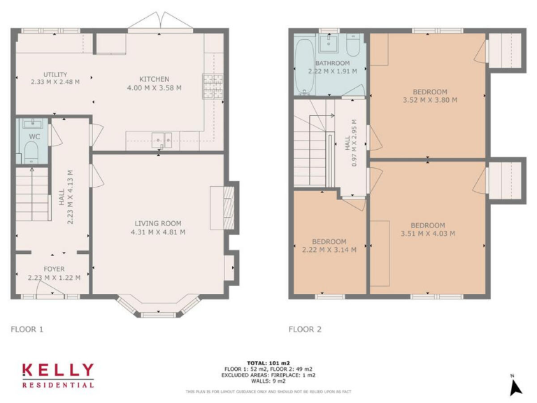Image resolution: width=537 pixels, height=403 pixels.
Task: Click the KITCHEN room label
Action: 154,79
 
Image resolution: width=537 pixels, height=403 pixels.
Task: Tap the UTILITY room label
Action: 55,74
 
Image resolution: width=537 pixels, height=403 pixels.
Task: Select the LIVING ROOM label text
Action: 158,223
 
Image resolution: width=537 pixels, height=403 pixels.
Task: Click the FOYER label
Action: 54,269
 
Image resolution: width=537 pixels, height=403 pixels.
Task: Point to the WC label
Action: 34,136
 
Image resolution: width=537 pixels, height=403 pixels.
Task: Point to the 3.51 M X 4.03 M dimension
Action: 429,234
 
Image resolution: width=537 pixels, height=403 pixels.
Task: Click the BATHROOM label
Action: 332,63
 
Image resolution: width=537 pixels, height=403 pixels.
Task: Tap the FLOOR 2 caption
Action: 306,327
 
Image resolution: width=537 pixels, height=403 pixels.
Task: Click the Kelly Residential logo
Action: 58,374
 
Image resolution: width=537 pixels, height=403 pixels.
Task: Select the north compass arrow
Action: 515,386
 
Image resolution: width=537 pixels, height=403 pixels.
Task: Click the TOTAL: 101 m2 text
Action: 268,362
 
